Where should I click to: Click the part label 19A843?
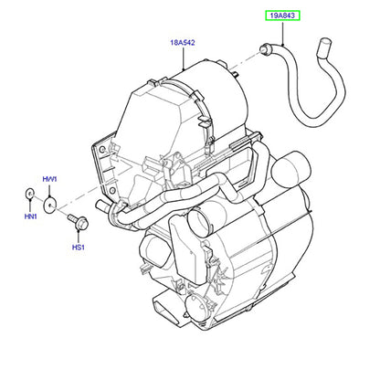click(x=283, y=16)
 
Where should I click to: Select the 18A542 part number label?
click(x=183, y=43)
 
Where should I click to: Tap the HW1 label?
click(x=49, y=179)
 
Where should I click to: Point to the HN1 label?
click(x=30, y=216)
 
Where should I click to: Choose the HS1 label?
click(x=79, y=248)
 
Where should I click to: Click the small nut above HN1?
click(x=29, y=194)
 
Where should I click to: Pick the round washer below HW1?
click(x=50, y=205)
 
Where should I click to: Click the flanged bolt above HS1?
click(x=79, y=222)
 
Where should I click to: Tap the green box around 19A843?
click(x=283, y=16)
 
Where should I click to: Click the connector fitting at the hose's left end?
click(x=266, y=49)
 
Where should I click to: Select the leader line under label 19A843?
click(x=283, y=33)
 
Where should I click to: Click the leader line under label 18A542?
click(x=184, y=58)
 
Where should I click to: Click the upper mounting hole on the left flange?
click(x=102, y=150)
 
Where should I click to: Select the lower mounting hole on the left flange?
click(x=112, y=191)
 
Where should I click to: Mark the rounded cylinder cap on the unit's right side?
click(x=291, y=168)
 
